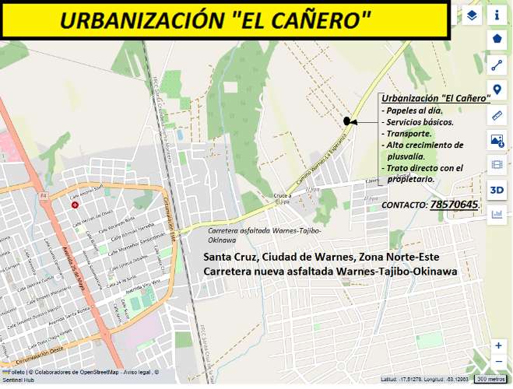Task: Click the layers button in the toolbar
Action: coord(472,15)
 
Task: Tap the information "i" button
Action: coord(497,15)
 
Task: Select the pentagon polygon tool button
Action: coord(497,39)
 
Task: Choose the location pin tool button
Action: coord(497,89)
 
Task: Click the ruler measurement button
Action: coord(497,115)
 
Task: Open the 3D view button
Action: coord(497,190)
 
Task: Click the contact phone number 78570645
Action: coord(455,204)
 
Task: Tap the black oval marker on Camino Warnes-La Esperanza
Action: coord(346,121)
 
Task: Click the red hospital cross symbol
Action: coord(76,205)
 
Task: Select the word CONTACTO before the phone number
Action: coord(404,205)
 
